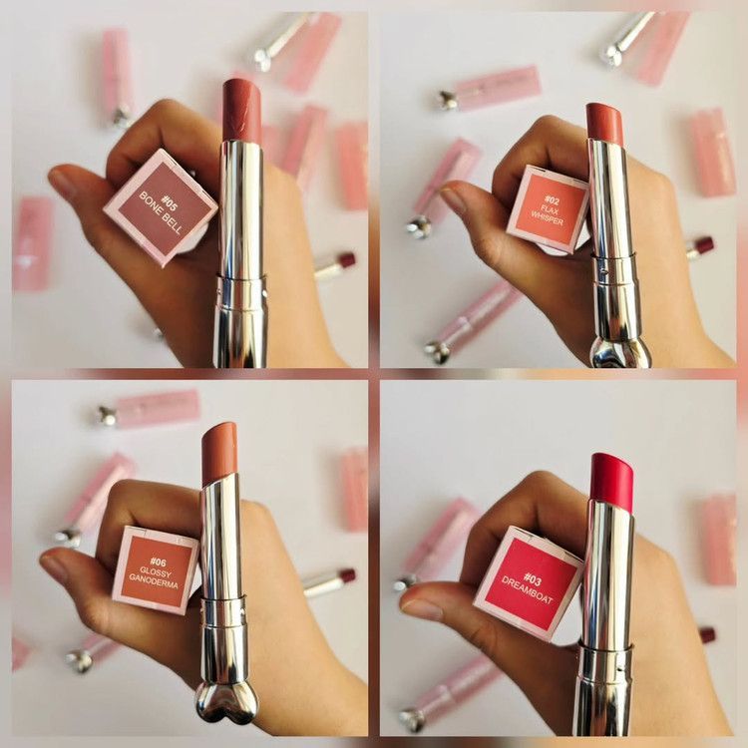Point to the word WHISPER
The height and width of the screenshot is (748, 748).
548,218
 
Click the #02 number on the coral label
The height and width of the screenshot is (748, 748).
552,199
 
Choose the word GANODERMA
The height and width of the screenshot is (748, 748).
154,584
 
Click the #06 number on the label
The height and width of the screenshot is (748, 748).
158,562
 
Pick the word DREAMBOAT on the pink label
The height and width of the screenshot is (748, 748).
527,589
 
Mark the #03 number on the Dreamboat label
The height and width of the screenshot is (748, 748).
533,579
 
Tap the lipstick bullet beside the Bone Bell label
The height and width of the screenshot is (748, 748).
242,111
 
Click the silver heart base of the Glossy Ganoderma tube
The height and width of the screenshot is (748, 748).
227,701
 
